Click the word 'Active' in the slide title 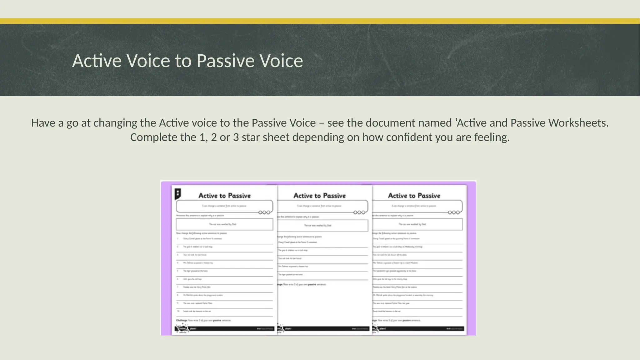[97, 61]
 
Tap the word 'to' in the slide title [183, 61]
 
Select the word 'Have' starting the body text [43, 123]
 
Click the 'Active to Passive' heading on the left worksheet [224, 196]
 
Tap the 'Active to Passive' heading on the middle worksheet [319, 196]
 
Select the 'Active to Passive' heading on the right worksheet [414, 196]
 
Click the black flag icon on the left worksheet [177, 194]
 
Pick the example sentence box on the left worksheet [224, 224]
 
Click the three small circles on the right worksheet [454, 212]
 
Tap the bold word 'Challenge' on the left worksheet [181, 320]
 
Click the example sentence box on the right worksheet [417, 224]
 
